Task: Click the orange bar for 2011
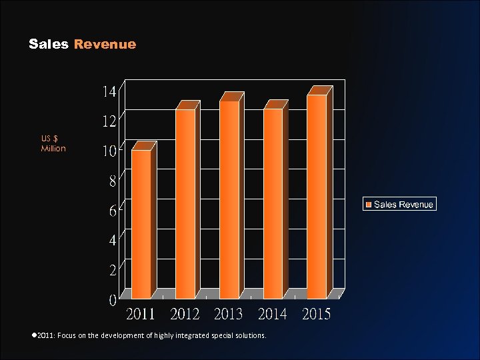[141, 224]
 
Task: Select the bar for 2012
[185, 203]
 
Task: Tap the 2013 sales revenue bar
[229, 199]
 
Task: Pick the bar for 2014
[273, 203]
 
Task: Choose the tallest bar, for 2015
[317, 197]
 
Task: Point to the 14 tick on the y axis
[109, 91]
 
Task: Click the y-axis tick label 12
[109, 121]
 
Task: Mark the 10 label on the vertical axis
[109, 151]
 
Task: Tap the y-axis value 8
[113, 180]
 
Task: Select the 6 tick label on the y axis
[113, 211]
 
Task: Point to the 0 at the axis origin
[113, 301]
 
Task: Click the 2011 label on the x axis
[141, 314]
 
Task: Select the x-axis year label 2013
[229, 314]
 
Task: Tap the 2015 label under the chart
[316, 314]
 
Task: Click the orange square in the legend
[367, 205]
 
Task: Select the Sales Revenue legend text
[403, 205]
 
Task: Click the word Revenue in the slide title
[105, 45]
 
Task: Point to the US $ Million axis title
[53, 143]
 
